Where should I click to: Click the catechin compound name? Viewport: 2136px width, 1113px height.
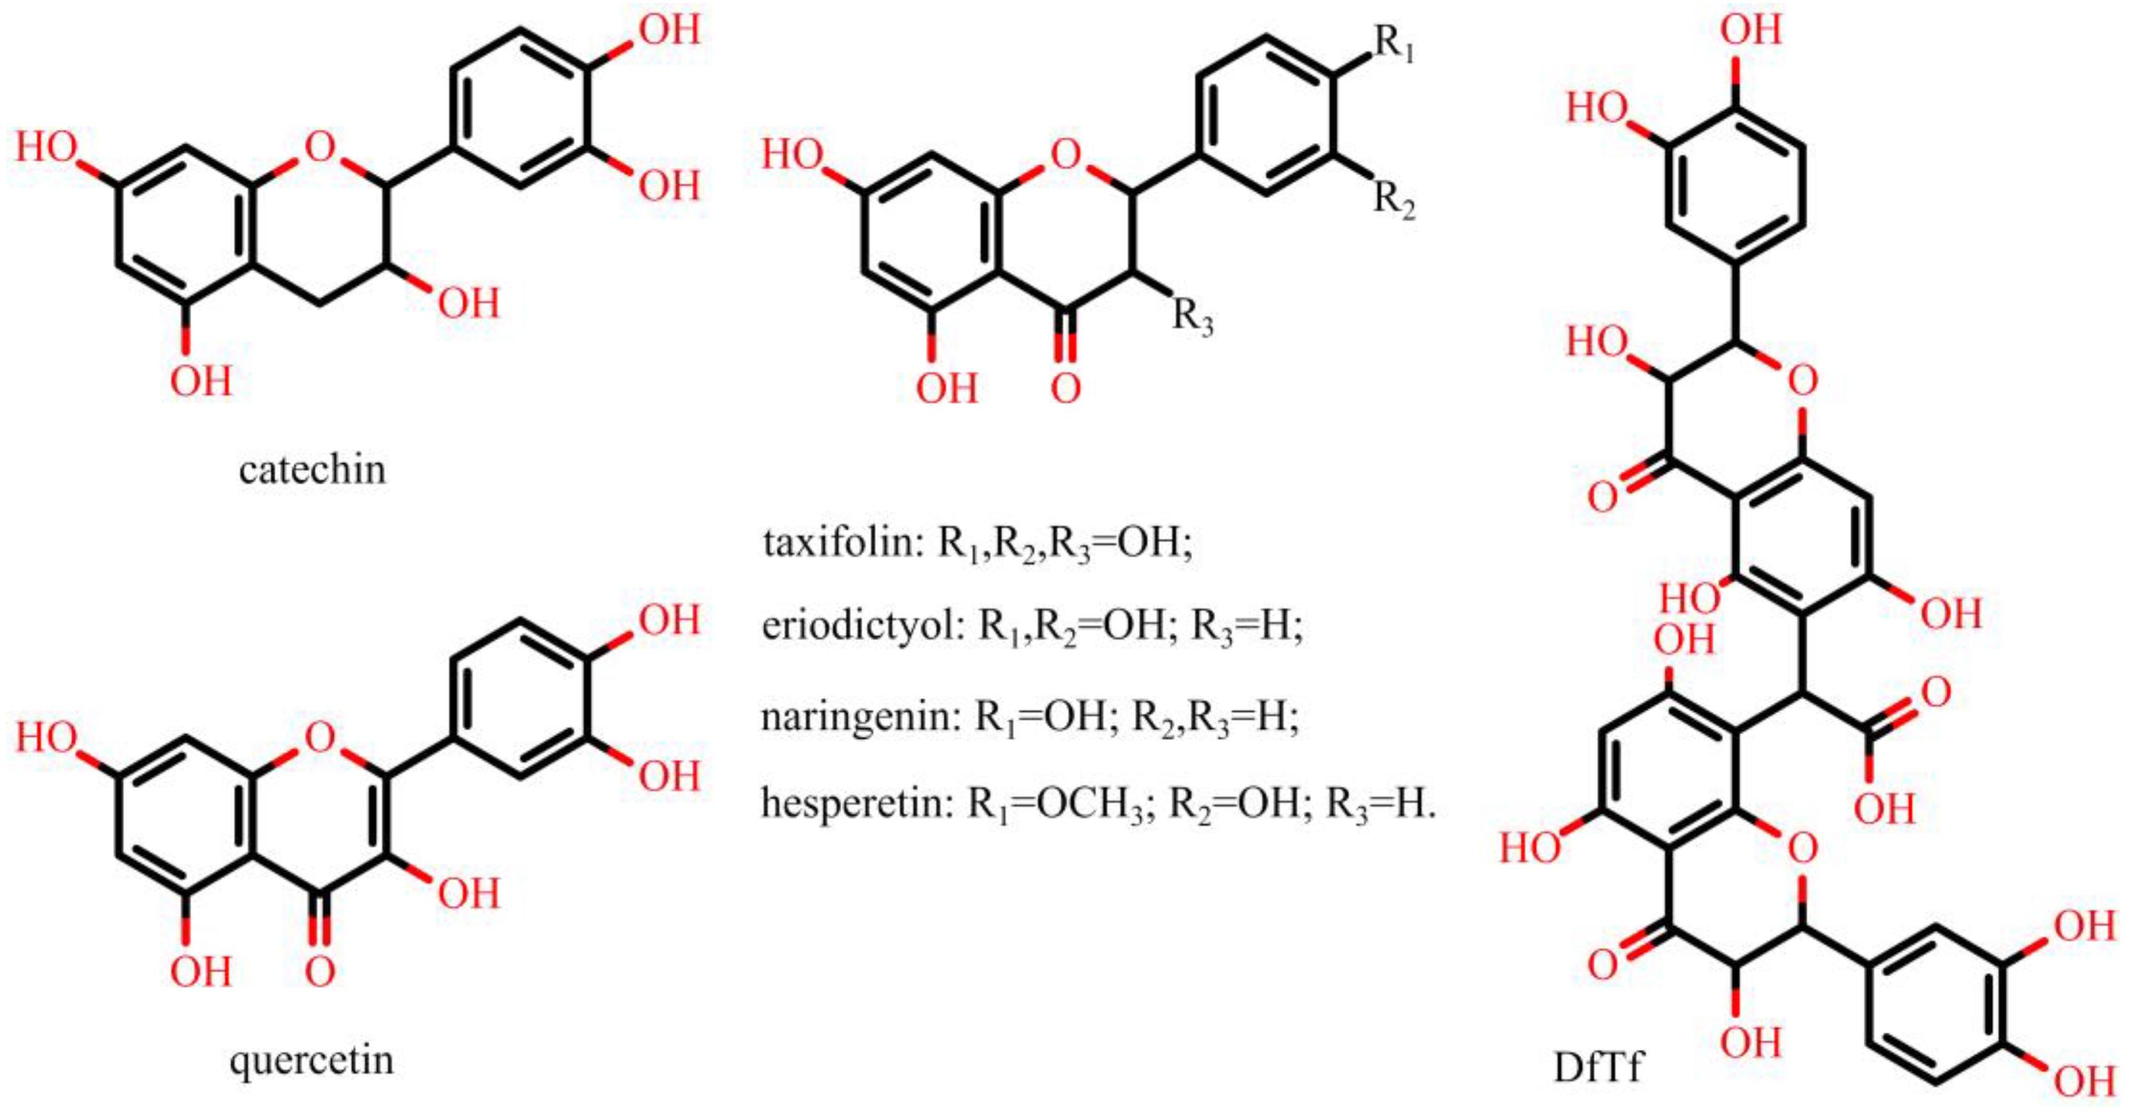click(312, 470)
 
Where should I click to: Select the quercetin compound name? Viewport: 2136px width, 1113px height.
click(312, 1061)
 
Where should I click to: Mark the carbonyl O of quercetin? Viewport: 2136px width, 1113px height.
click(320, 971)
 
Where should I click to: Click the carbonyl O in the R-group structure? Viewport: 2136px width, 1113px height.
click(1066, 387)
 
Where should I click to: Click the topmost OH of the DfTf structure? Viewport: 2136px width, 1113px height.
click(1751, 31)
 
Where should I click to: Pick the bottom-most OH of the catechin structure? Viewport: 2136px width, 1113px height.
click(201, 381)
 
